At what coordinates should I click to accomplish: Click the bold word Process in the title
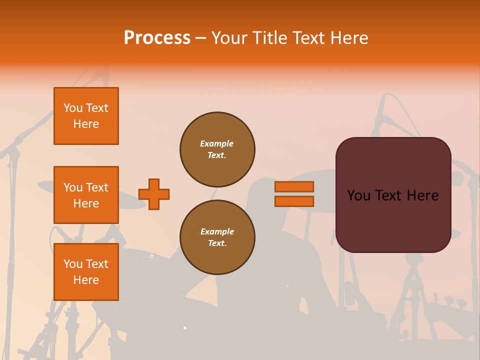157,38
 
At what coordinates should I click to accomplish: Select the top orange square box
86,116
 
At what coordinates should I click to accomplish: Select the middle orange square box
86,195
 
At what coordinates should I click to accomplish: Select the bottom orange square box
86,271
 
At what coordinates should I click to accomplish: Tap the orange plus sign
154,194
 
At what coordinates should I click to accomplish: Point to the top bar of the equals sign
294,186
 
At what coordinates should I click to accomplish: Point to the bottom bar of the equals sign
294,201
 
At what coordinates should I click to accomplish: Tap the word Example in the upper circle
216,143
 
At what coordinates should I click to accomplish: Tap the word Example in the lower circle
217,231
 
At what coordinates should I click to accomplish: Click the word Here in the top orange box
86,124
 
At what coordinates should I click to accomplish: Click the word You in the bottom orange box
73,264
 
